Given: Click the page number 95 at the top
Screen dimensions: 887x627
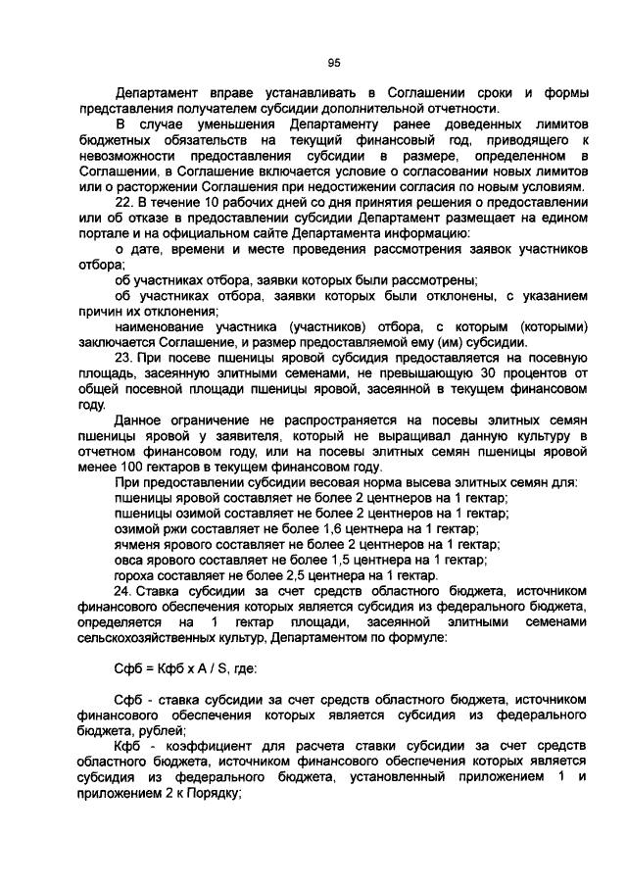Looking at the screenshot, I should (x=333, y=63).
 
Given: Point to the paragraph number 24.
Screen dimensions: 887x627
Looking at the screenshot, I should (x=123, y=592).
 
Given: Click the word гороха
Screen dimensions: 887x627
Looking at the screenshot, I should (x=136, y=576).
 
